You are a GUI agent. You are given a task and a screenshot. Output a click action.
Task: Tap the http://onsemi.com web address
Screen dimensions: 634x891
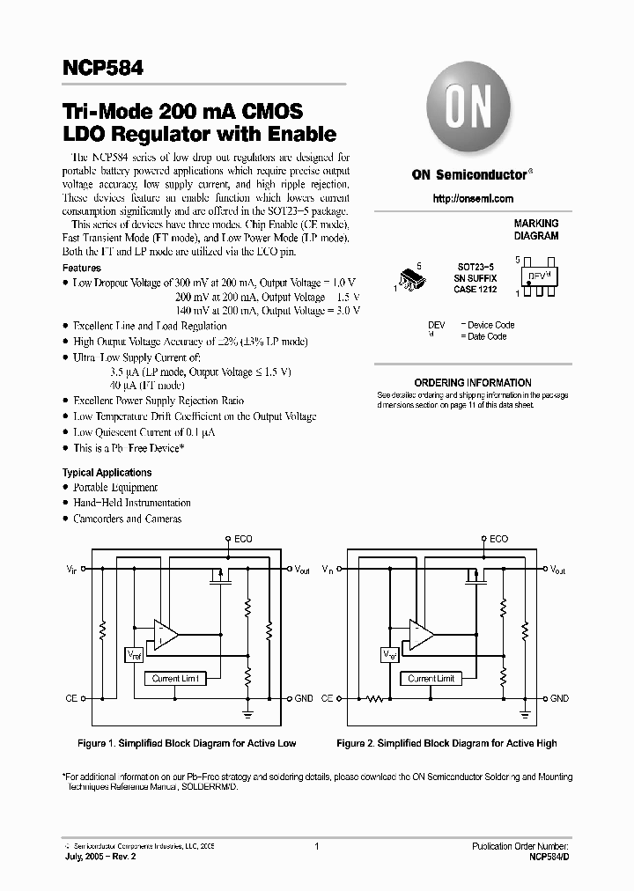pos(473,199)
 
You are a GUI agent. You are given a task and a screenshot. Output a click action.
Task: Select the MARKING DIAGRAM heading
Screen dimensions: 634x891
pos(535,230)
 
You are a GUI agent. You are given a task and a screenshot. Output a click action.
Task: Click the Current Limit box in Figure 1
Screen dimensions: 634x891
pos(176,679)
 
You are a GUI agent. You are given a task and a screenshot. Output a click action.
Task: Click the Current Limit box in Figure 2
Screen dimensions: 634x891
pos(431,679)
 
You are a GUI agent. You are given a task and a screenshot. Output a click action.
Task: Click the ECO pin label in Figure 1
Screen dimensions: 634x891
pos(243,538)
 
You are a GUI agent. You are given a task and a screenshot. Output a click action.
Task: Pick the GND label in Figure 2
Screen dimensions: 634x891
pos(560,698)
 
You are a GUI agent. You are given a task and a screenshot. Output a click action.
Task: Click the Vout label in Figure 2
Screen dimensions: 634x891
pos(557,570)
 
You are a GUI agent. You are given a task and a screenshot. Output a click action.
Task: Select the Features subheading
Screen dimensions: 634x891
pos(81,268)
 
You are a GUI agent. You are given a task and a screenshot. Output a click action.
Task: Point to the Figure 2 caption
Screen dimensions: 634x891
pos(446,743)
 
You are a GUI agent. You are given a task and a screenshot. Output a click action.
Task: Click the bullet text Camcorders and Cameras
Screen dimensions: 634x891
pos(127,519)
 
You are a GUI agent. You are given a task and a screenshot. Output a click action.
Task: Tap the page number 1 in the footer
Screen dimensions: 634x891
pos(315,846)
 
